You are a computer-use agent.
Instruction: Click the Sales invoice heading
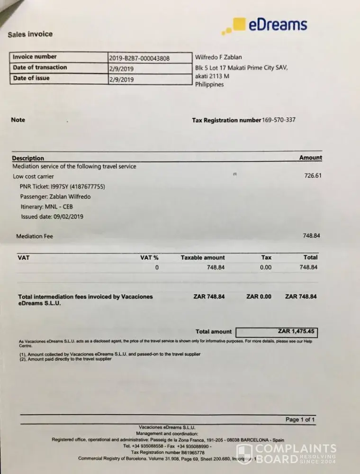[30, 34]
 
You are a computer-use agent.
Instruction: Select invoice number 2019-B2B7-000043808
[139, 58]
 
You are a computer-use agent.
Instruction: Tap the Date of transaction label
[40, 68]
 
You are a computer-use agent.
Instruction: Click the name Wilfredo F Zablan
[218, 57]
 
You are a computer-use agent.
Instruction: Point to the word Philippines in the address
[209, 85]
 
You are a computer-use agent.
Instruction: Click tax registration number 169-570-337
[279, 120]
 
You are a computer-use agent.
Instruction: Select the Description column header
[28, 158]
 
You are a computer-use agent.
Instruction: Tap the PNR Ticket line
[62, 187]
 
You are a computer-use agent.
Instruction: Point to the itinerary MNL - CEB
[47, 207]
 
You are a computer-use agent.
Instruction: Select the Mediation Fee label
[35, 236]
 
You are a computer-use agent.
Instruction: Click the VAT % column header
[149, 257]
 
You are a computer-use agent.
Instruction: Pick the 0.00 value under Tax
[266, 267]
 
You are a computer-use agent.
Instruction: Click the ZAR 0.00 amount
[259, 297]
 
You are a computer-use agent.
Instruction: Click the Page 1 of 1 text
[300, 420]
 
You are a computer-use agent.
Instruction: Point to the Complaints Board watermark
[286, 453]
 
